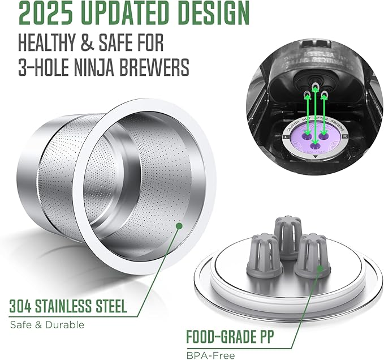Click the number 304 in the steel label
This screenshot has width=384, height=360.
22,308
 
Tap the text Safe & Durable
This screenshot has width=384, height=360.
47,325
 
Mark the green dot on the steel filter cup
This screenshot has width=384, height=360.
179,225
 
